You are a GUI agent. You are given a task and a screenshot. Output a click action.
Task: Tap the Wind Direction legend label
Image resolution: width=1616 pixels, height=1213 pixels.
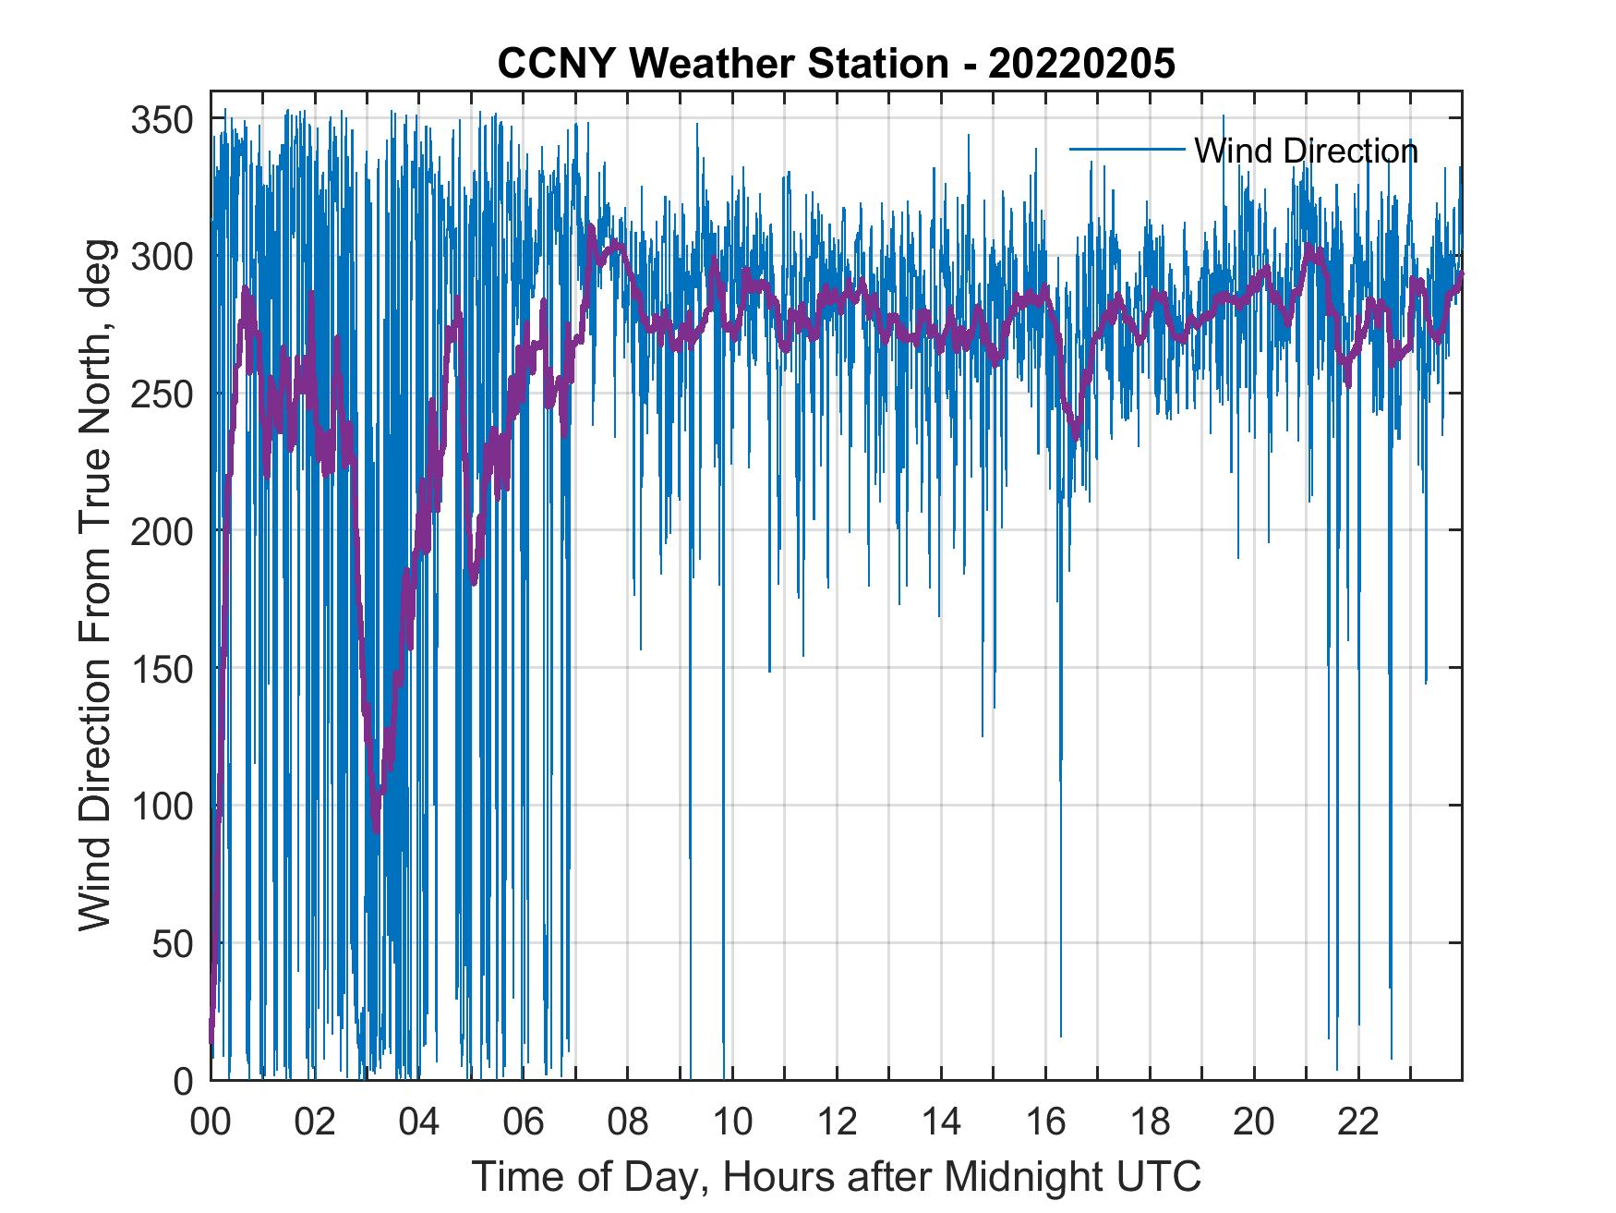[1306, 151]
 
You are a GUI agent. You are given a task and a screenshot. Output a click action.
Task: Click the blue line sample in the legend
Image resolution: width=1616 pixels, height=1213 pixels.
[1127, 150]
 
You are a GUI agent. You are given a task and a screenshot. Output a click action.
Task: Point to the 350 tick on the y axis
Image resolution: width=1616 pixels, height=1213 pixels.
[162, 119]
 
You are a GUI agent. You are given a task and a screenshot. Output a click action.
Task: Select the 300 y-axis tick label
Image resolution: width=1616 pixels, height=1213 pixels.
[162, 256]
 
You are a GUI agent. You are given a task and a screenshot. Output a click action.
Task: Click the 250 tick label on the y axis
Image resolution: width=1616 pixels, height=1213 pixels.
[162, 394]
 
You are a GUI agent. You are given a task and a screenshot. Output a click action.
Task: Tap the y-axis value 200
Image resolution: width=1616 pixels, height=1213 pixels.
[162, 531]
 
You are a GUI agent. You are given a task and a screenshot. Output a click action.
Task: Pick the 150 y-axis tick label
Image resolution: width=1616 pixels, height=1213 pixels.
[162, 668]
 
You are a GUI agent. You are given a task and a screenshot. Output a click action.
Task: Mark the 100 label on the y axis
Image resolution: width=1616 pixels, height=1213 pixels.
[162, 806]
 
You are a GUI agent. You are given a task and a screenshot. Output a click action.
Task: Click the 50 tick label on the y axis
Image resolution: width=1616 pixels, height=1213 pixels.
[173, 943]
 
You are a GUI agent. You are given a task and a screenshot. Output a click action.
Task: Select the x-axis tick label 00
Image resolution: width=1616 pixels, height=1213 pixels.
[211, 1122]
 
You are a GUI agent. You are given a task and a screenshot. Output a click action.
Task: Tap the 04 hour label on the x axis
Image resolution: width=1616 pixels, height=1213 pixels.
[419, 1122]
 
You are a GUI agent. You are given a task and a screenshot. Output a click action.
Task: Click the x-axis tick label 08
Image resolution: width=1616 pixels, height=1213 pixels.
[628, 1122]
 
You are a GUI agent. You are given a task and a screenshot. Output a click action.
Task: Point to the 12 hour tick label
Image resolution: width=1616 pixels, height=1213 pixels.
[837, 1122]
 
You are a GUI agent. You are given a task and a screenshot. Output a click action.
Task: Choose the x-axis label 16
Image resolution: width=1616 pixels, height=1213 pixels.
[1045, 1122]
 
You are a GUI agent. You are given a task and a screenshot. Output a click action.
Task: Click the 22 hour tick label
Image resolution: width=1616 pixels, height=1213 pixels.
[1358, 1122]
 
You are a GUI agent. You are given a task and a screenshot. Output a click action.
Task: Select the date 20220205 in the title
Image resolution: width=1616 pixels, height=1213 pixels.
[1081, 64]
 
